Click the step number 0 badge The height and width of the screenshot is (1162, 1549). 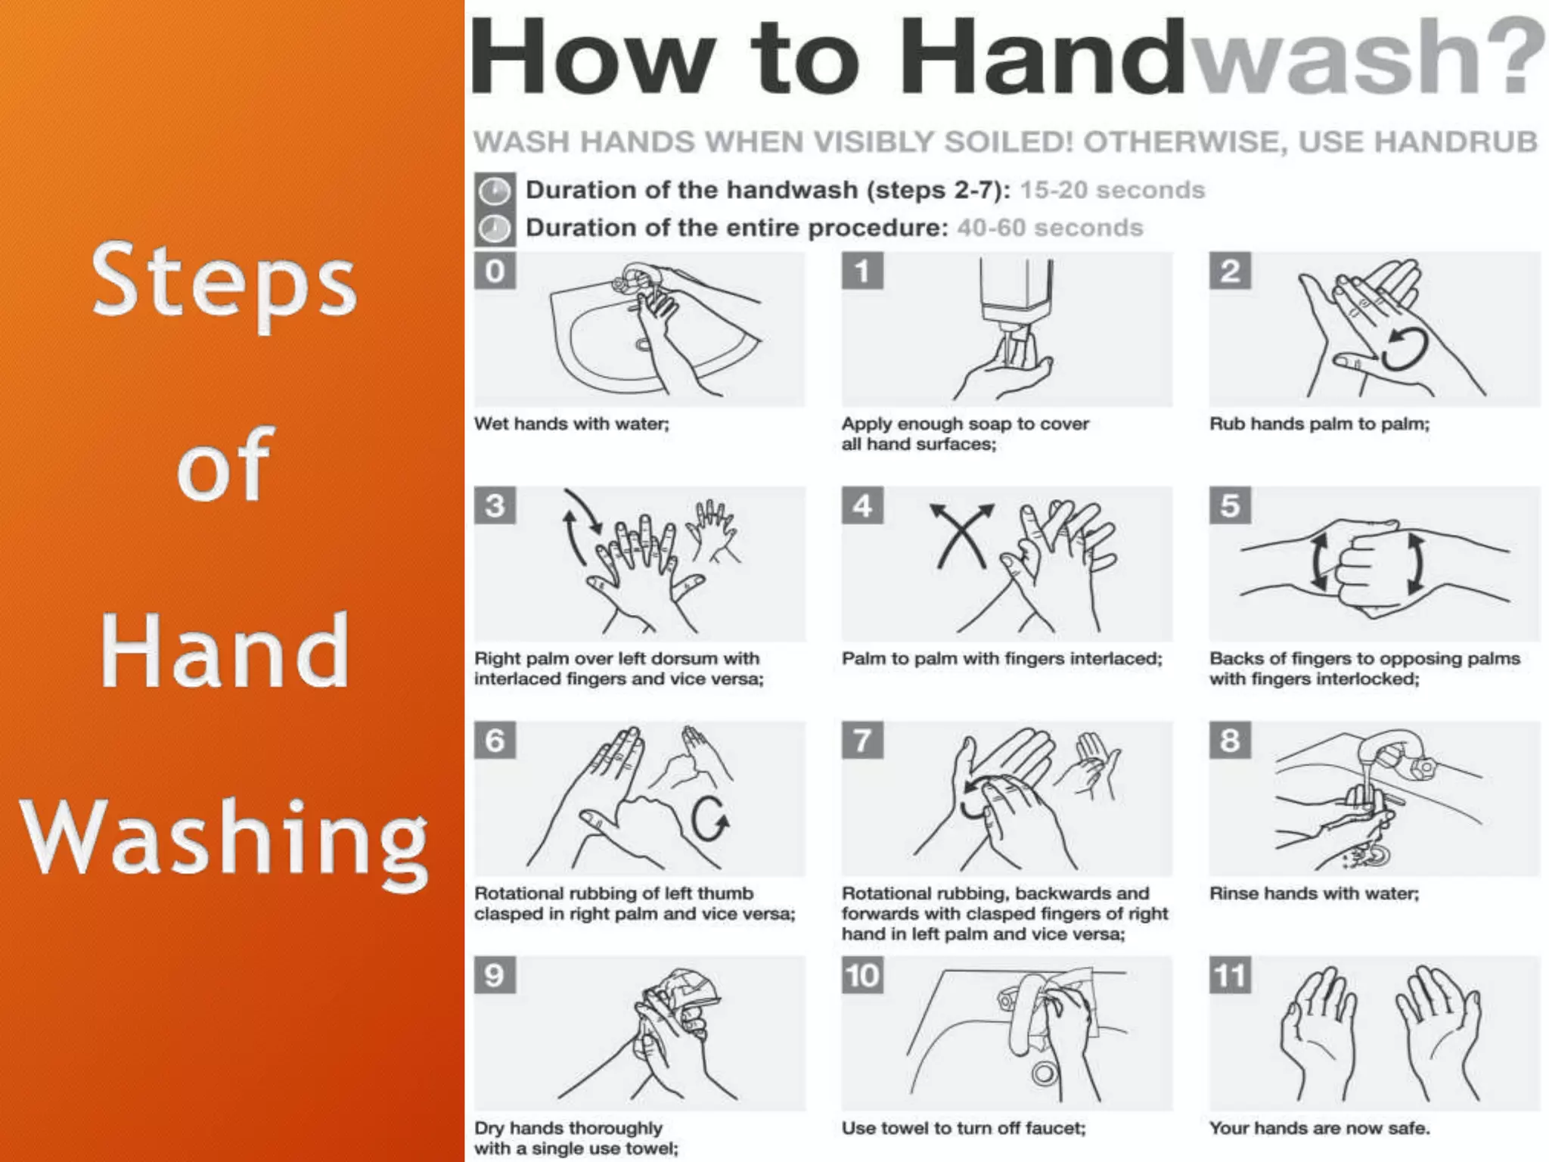click(495, 271)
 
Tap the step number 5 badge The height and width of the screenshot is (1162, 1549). click(1230, 505)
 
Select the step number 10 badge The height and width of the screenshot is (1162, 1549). click(862, 975)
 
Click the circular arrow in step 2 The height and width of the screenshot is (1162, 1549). click(1405, 350)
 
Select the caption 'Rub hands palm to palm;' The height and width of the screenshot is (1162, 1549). click(1319, 424)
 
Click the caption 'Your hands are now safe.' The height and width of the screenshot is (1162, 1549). click(1319, 1128)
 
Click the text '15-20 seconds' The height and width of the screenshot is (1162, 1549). click(1112, 190)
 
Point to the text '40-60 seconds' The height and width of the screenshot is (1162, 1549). click(1050, 228)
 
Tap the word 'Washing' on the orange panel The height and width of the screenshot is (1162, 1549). click(224, 840)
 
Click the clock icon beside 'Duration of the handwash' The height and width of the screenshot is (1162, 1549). click(495, 191)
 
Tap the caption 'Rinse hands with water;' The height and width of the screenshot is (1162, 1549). click(1314, 893)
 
